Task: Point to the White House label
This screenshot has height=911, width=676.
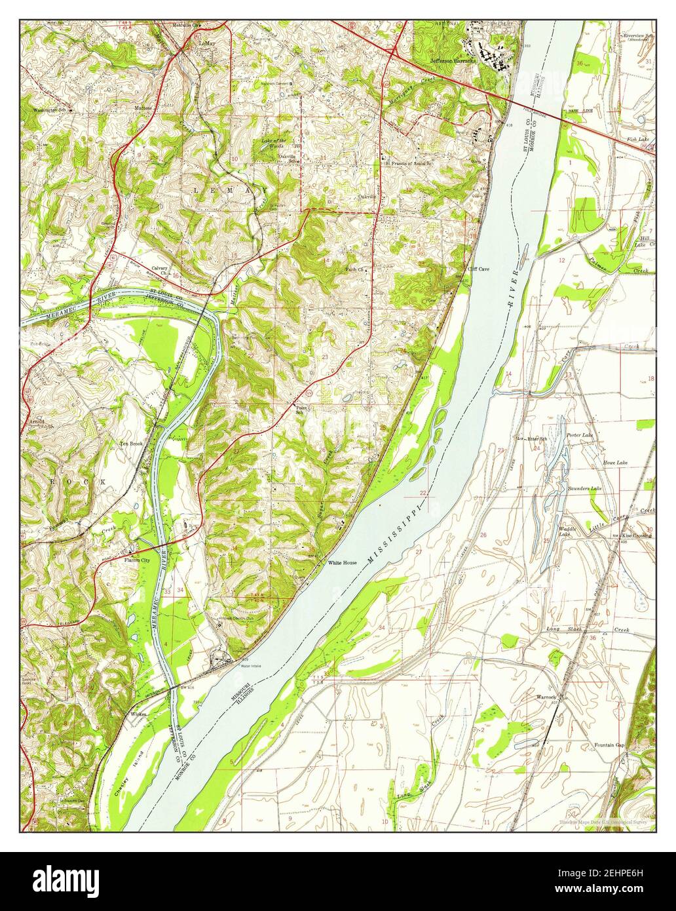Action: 342,563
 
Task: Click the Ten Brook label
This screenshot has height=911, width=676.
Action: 130,444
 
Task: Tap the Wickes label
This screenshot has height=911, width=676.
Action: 138,713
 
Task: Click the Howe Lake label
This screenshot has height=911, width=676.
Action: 615,463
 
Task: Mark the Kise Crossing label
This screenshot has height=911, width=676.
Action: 636,535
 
